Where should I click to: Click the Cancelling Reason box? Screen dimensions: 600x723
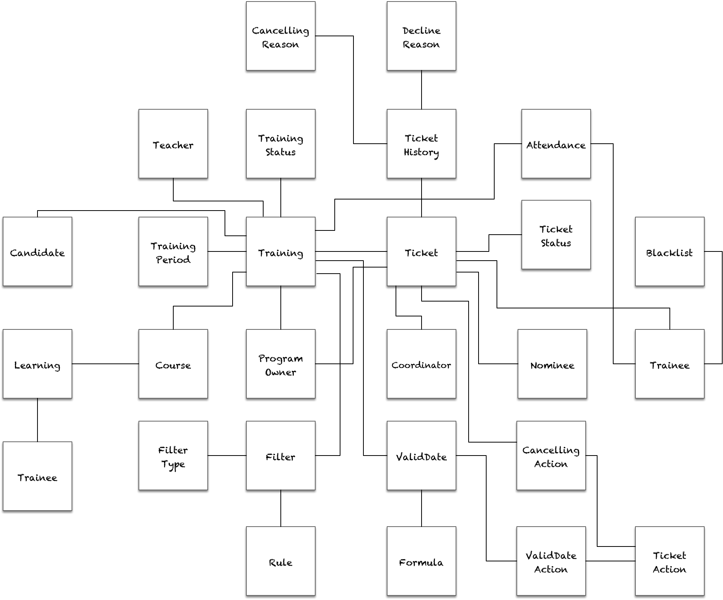point(280,36)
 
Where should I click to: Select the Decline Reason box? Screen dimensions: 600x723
point(421,36)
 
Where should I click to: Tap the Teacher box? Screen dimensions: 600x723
point(173,144)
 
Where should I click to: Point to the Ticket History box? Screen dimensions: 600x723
point(421,144)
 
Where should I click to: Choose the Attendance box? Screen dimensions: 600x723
point(556,144)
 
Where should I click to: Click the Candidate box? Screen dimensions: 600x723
point(37,252)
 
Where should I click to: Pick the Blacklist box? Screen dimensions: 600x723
point(669,252)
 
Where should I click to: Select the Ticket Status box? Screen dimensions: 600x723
point(556,235)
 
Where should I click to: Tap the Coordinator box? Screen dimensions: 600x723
point(421,364)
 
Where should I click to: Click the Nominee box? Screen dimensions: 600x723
point(552,364)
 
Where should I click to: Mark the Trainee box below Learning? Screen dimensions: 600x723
point(37,477)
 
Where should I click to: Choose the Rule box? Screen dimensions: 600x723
point(280,561)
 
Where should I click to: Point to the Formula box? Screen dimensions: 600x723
point(421,561)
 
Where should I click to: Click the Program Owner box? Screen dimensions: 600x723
point(280,364)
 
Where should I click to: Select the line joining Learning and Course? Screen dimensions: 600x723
point(105,364)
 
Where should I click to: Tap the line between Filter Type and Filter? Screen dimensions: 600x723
point(227,456)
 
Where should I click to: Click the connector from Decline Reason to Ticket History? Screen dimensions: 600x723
point(422,90)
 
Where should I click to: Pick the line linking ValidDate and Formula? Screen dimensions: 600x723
point(422,508)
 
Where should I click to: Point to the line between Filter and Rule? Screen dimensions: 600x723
point(281,508)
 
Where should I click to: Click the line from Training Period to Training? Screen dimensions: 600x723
point(227,251)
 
